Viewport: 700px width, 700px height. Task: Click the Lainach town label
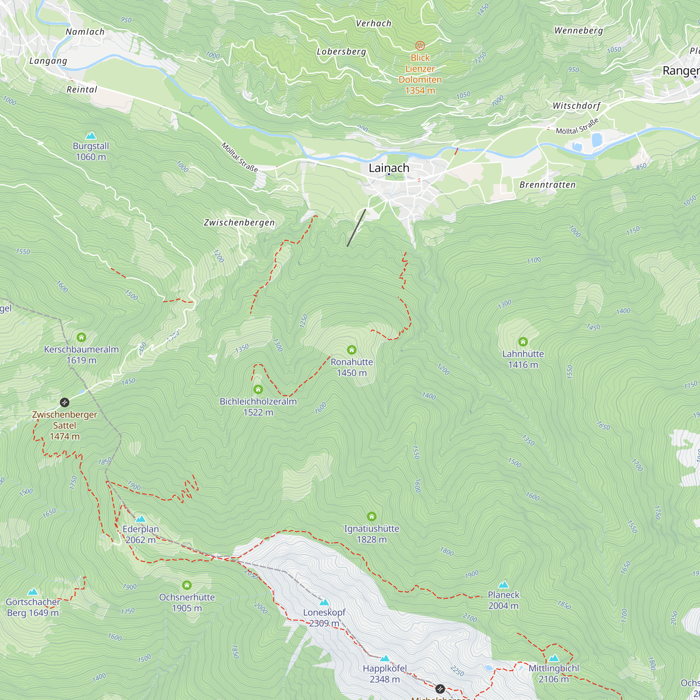389,168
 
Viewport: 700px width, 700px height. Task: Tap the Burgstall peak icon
91,136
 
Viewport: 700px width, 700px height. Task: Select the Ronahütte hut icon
351,350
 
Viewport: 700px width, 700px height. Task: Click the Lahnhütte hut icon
523,342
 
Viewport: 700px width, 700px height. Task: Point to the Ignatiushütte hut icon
371,516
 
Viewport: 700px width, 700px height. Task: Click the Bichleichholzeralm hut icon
258,390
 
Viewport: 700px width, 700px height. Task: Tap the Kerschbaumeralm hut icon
81,337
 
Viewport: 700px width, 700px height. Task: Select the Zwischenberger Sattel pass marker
64,402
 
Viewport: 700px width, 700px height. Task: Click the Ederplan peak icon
141,519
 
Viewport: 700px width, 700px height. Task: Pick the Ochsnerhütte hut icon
187,585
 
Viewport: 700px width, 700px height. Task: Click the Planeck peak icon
503,585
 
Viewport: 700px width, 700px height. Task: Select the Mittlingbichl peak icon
553,658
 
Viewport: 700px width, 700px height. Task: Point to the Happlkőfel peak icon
385,658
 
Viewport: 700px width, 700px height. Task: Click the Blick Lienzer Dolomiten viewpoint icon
420,45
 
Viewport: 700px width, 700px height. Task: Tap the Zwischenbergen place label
239,223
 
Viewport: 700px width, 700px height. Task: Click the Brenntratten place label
547,185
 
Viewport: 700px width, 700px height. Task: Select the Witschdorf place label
576,106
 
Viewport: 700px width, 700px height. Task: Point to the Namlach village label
85,32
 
